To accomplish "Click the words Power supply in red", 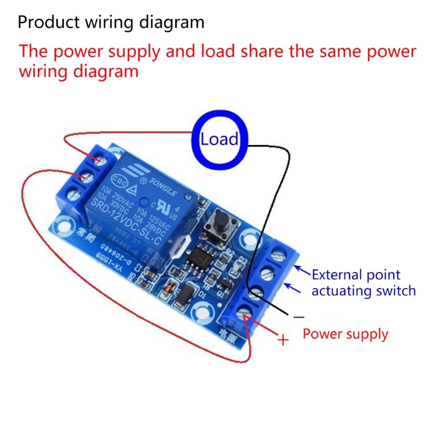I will pyautogui.click(x=345, y=334).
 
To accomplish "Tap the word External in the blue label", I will pyautogui.click(x=334, y=275).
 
